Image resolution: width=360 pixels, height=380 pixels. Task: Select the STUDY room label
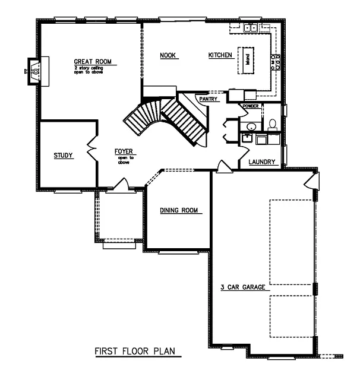[x=63, y=156]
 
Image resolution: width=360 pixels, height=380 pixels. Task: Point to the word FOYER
[x=124, y=151]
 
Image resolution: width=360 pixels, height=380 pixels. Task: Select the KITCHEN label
[x=220, y=56]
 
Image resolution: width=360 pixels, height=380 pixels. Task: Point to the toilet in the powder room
[x=273, y=124]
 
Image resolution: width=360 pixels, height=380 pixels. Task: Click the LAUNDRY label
[x=261, y=161]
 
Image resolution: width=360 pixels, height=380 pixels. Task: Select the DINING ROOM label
[x=178, y=211]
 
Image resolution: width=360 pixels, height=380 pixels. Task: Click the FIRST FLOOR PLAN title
[x=136, y=351]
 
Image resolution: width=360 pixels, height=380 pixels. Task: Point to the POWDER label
[x=250, y=106]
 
